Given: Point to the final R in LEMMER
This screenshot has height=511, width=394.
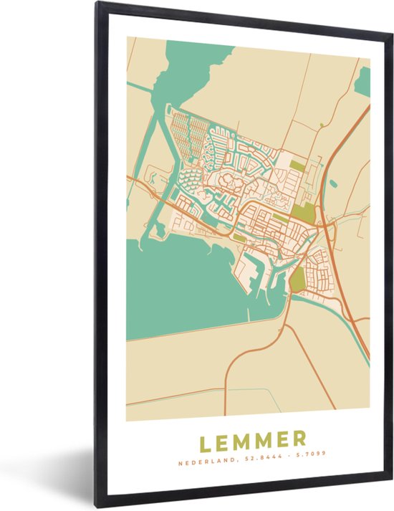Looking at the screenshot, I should (300, 439).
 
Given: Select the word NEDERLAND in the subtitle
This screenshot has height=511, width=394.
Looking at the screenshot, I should (202, 463).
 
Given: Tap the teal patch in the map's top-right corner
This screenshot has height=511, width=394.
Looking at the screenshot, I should (362, 81).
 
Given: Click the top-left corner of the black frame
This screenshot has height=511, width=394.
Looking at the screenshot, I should (96, 4).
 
